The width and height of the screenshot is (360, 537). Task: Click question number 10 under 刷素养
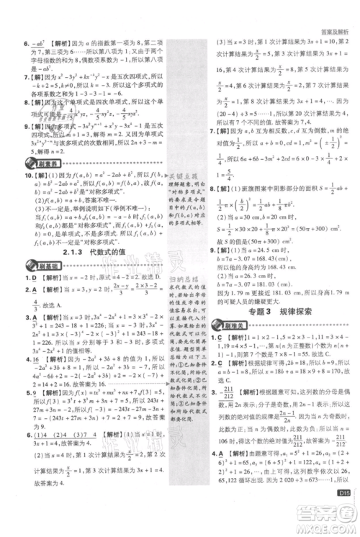tap(13, 176)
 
